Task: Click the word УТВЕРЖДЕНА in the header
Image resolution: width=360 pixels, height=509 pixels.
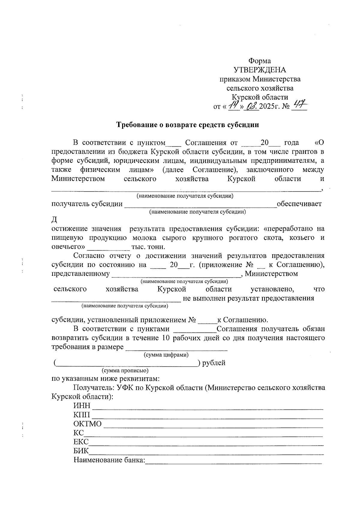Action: (x=260, y=70)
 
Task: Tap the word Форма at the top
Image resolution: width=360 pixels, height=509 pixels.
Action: (x=260, y=61)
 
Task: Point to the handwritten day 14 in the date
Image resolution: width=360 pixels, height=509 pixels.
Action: (x=233, y=106)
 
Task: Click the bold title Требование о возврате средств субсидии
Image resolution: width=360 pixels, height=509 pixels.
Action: (x=187, y=125)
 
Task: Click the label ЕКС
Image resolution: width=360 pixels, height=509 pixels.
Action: (x=81, y=442)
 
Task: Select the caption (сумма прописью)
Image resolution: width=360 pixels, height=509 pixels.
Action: (x=125, y=371)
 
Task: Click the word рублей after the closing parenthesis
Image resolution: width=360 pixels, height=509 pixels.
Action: (x=214, y=363)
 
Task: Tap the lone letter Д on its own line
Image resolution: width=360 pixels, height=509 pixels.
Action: (x=54, y=220)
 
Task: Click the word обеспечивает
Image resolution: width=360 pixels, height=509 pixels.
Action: (x=299, y=204)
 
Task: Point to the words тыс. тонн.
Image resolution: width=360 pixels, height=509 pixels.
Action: (x=148, y=247)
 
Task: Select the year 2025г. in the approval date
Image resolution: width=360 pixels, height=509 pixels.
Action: (x=270, y=106)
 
